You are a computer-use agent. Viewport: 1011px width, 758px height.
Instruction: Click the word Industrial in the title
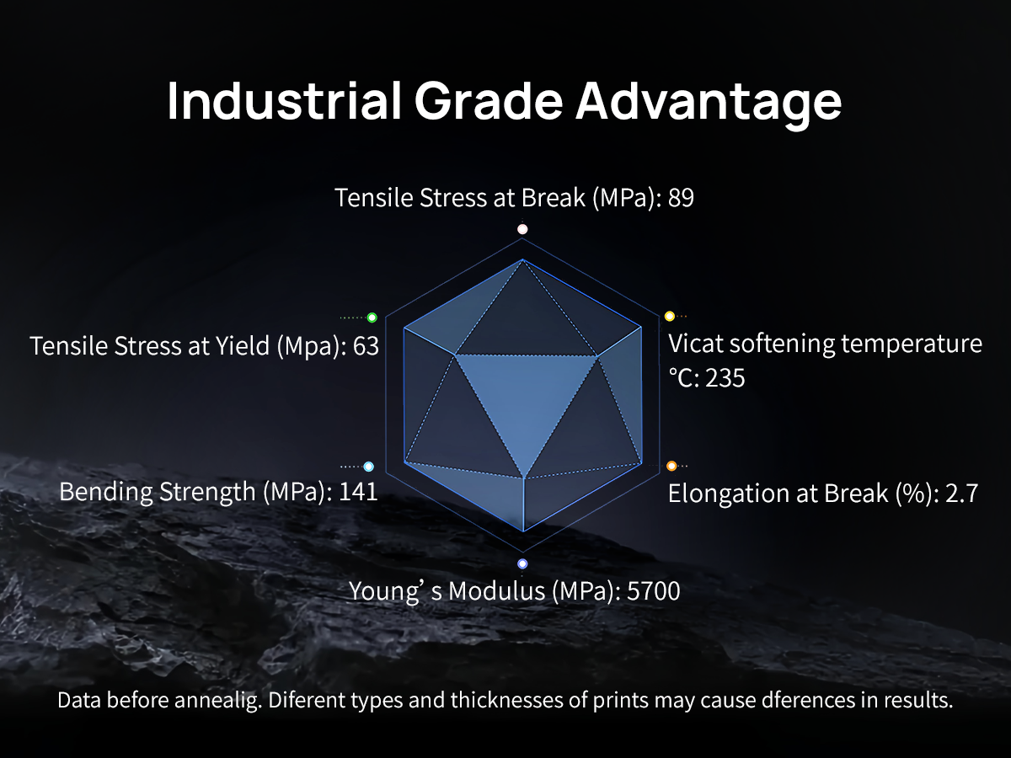click(284, 101)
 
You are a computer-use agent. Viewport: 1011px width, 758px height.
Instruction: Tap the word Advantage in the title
click(709, 104)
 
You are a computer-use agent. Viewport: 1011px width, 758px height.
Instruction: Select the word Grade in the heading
click(489, 101)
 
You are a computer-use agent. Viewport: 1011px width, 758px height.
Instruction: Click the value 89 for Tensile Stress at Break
click(681, 197)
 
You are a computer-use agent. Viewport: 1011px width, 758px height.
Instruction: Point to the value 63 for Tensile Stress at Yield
click(366, 345)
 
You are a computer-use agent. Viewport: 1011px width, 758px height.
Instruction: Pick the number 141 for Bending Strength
click(358, 492)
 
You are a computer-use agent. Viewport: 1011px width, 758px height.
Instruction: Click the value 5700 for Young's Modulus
click(654, 591)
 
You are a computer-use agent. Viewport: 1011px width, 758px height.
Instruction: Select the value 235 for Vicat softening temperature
click(725, 378)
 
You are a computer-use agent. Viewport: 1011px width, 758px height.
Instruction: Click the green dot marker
click(372, 318)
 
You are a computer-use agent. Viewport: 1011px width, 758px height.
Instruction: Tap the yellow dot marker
click(670, 316)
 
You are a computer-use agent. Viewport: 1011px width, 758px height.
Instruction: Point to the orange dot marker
click(671, 467)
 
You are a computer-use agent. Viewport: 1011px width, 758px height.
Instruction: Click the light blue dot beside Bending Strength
click(368, 467)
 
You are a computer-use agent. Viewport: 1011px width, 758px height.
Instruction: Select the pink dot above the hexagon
click(522, 229)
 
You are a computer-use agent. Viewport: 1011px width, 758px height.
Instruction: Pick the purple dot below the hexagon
click(522, 563)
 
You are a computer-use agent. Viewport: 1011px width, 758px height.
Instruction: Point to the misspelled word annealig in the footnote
click(216, 701)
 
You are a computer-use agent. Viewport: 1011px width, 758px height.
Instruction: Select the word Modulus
click(496, 591)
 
